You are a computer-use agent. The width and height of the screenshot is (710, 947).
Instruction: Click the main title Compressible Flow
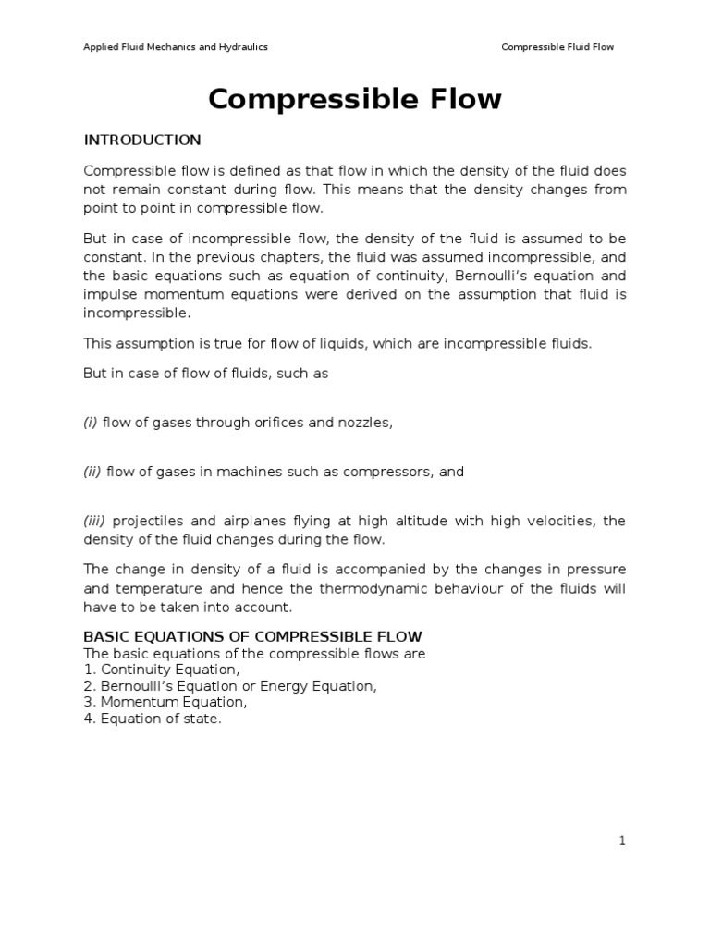click(x=354, y=100)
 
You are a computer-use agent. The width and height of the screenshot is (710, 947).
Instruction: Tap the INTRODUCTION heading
click(x=142, y=141)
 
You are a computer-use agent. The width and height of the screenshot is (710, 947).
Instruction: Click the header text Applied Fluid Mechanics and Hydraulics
click(x=176, y=47)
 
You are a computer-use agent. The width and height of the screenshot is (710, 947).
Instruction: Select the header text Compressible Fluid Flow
click(x=557, y=47)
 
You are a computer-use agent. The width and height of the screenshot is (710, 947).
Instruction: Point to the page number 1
click(x=623, y=841)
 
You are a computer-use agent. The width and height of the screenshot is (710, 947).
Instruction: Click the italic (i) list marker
click(x=91, y=423)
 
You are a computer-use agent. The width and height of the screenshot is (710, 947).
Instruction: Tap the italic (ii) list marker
click(x=92, y=472)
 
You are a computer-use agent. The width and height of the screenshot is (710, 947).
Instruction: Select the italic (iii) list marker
click(x=95, y=521)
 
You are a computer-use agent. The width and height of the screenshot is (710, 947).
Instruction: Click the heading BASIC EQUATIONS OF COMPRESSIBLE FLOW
click(x=252, y=636)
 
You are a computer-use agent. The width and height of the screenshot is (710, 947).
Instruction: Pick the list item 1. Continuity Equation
click(x=162, y=670)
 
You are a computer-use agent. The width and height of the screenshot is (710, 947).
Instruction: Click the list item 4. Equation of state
click(x=153, y=719)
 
